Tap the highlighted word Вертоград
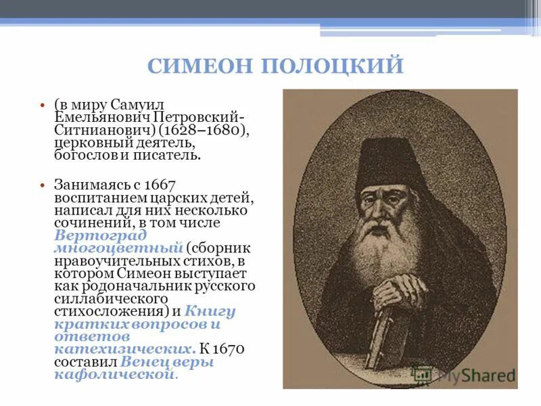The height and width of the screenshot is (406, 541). coord(99,235)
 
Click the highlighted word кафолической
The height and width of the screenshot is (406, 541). coord(115,374)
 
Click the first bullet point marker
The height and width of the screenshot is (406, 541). coord(42,107)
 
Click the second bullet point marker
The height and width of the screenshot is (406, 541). coord(42,185)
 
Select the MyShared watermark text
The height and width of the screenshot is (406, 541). coord(473,374)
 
